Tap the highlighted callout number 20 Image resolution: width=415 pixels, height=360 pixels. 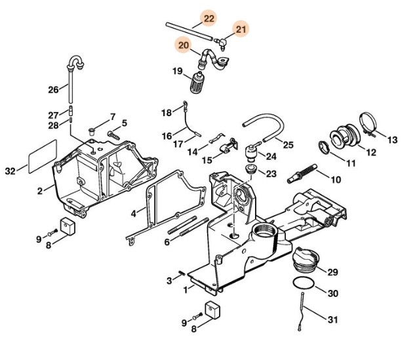tap(183, 45)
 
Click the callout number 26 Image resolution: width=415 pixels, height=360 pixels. tap(53, 89)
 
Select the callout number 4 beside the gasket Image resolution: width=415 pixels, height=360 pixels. tap(133, 213)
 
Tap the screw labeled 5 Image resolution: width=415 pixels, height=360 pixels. tap(113, 134)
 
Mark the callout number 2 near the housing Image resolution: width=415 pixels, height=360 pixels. tap(40, 191)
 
